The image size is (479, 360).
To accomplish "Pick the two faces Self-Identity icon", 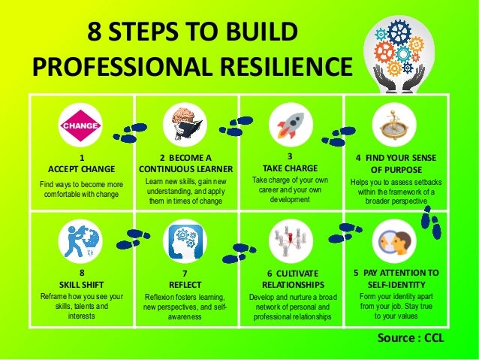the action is [395, 241].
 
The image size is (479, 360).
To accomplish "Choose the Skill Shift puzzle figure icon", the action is [80, 241].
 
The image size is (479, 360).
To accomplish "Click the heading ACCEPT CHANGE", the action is [81, 168].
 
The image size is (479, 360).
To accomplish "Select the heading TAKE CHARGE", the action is [289, 168].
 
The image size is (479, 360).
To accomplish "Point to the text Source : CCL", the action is [411, 337].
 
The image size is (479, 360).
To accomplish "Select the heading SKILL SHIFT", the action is [80, 285].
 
